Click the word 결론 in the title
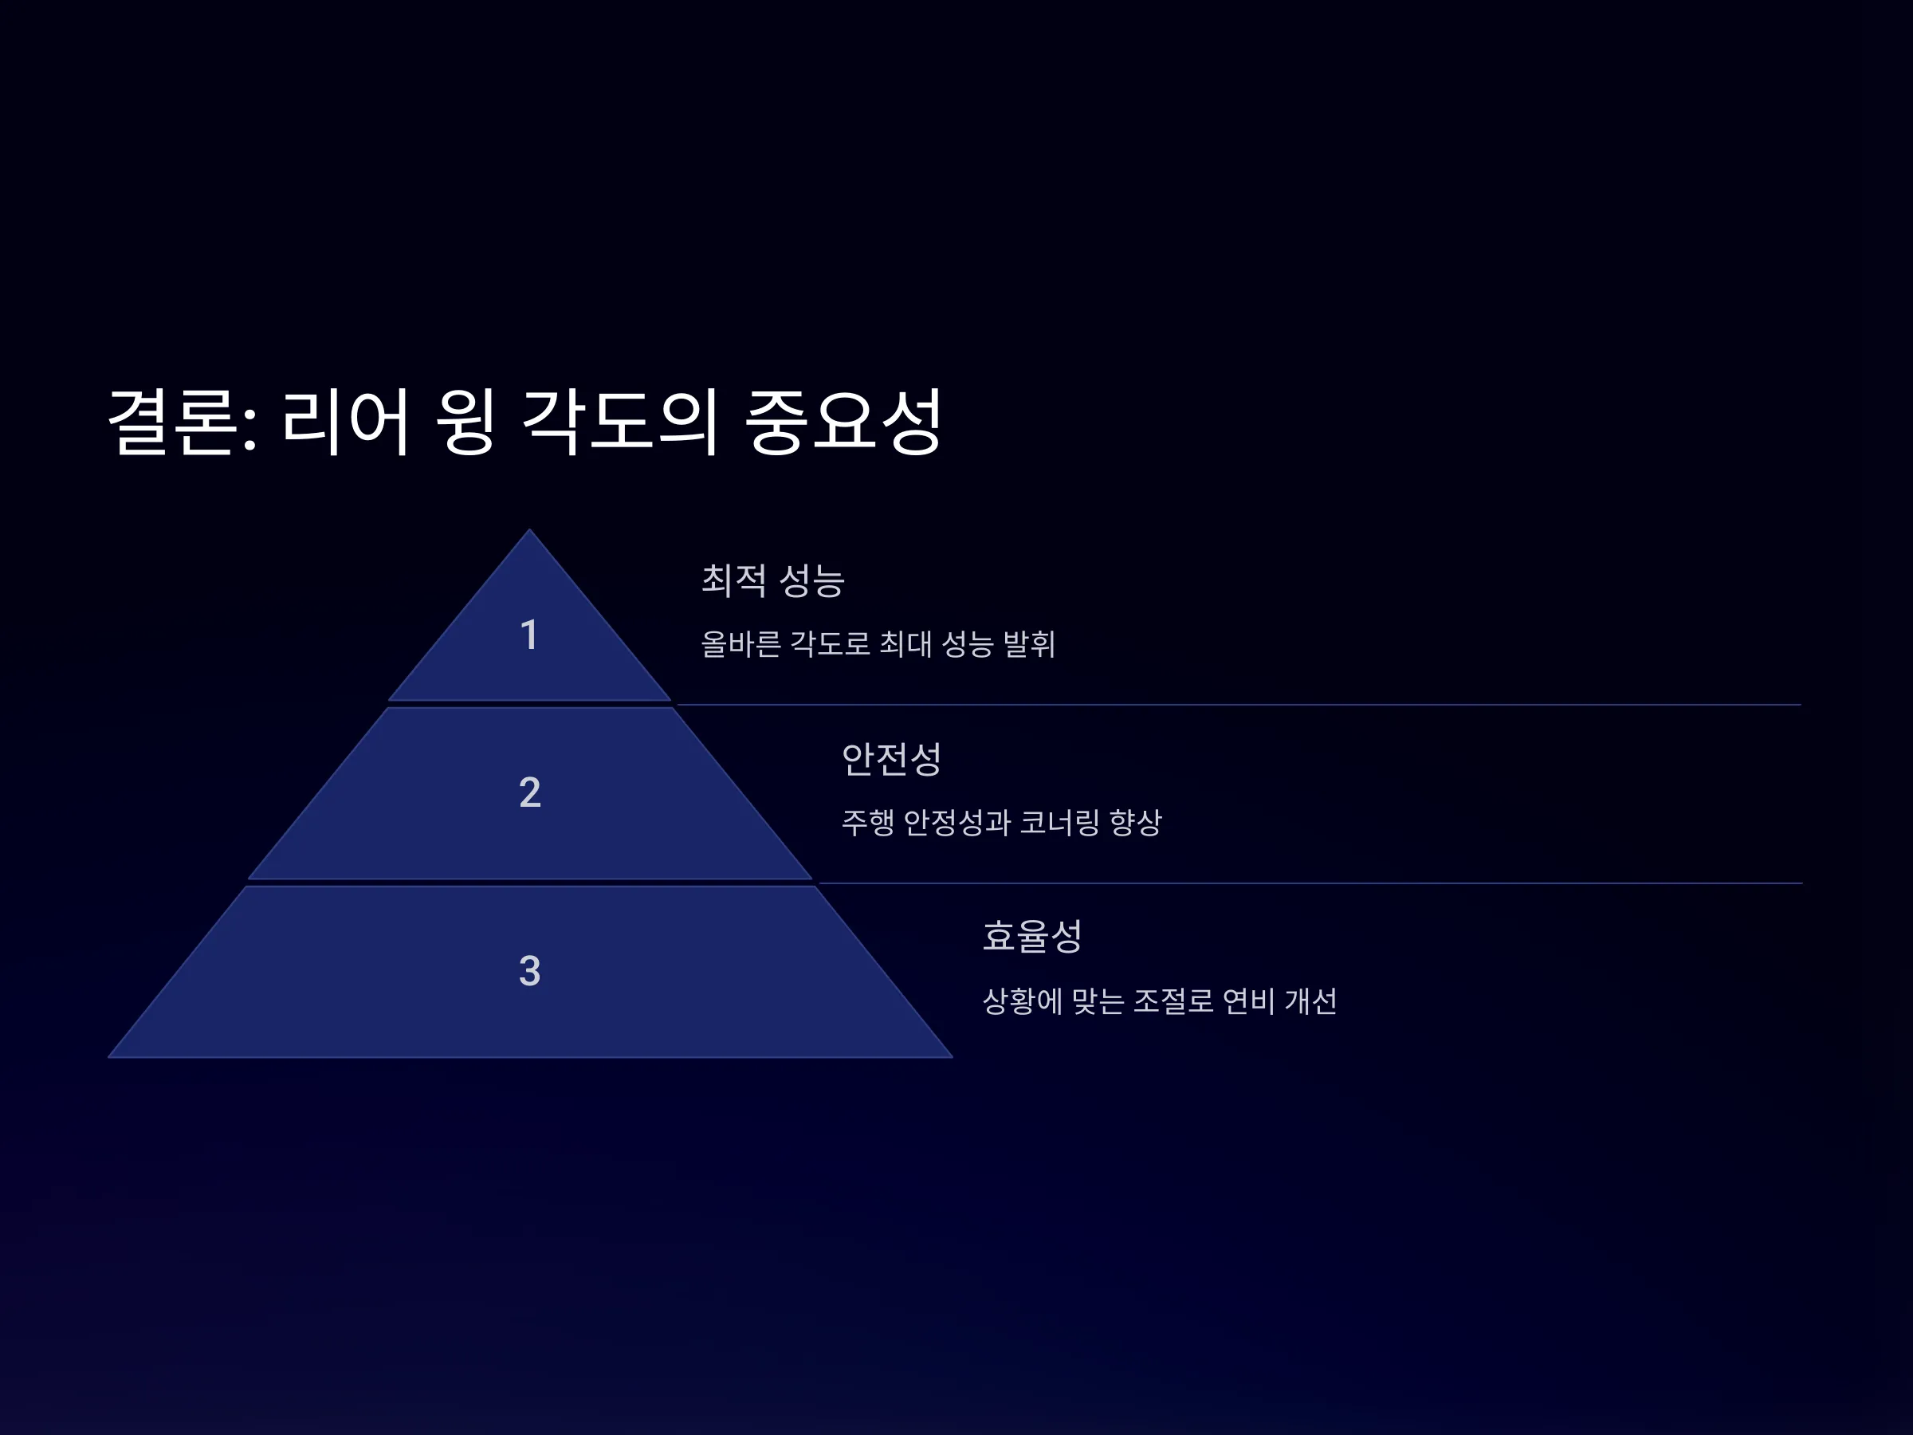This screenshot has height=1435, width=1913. coord(173,422)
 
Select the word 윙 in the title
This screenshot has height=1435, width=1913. coord(465,422)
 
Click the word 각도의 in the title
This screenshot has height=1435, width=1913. coord(620,422)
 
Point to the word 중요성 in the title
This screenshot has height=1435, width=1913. coord(843,422)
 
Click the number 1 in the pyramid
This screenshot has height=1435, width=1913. coord(529,635)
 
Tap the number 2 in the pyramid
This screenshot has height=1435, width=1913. coord(530,792)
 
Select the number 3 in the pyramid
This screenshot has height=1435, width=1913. coord(529,971)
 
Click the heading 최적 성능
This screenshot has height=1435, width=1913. coord(773,580)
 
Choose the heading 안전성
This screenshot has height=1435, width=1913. coord(892,760)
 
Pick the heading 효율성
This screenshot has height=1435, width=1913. coord(1032,936)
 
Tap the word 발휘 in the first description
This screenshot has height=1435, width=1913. coord(1029,644)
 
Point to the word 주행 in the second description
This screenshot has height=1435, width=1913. coord(868,823)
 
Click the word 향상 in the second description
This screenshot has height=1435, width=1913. coord(1136,823)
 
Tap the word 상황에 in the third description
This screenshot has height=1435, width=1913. coord(1023,1001)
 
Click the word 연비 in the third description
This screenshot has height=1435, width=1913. coord(1249,1001)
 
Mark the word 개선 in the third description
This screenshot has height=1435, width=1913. coord(1311,1001)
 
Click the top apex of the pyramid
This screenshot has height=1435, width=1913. coord(529,529)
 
